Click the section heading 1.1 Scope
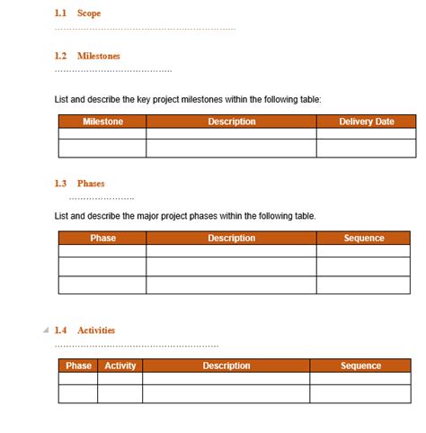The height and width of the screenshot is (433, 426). click(77, 14)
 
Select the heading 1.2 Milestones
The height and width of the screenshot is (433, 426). click(87, 56)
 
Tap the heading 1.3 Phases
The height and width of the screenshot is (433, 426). click(79, 184)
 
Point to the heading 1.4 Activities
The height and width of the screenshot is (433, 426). click(84, 330)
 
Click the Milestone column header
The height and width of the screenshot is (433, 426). click(102, 122)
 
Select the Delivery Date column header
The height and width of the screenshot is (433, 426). click(366, 122)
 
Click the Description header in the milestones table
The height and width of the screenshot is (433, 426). click(231, 122)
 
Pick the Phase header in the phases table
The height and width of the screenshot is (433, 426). click(102, 239)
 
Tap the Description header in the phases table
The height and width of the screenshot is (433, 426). click(231, 239)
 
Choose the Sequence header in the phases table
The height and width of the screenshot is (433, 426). click(364, 239)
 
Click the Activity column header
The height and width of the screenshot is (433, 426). click(120, 366)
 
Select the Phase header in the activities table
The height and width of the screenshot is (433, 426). click(78, 366)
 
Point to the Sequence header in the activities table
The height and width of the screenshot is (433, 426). click(360, 366)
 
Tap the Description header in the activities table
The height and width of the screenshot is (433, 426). click(226, 366)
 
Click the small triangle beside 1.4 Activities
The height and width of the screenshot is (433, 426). click(46, 330)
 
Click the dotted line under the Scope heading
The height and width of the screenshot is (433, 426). click(144, 29)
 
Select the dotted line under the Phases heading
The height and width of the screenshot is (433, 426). click(101, 198)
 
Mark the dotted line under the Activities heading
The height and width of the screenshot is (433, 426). click(135, 346)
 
